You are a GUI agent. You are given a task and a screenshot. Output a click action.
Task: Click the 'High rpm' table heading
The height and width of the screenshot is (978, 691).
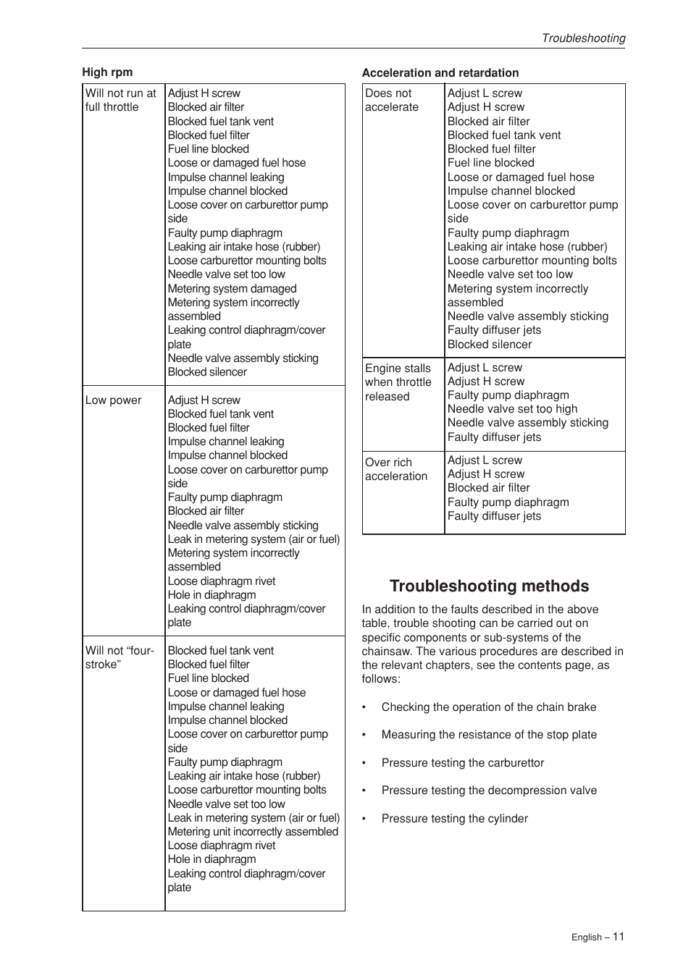[x=107, y=72]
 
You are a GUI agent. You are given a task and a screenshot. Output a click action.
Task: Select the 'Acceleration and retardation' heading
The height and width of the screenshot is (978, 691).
[x=440, y=73]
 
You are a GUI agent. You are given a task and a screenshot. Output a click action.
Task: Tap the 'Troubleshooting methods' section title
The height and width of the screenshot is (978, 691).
[x=489, y=586]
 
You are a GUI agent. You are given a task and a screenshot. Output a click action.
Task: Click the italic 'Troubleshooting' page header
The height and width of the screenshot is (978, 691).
[x=583, y=38]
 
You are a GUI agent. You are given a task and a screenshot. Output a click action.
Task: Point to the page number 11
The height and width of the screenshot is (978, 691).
[x=618, y=936]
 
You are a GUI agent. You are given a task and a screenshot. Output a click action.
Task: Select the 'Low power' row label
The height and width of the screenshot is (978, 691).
[x=114, y=400]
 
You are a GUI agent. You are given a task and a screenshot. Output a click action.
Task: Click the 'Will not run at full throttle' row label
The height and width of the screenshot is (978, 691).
[x=120, y=100]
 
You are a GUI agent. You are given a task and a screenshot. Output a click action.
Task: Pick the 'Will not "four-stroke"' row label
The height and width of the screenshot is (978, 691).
[x=120, y=657]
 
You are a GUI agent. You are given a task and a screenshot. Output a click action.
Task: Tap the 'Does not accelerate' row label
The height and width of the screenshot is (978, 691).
[x=392, y=100]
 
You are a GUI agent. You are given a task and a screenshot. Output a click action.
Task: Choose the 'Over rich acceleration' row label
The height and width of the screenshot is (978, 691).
[x=396, y=469]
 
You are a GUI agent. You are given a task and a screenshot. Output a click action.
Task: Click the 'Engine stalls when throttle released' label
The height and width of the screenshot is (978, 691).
[x=398, y=382]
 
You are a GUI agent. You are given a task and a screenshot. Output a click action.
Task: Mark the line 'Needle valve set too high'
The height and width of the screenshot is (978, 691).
[x=512, y=409]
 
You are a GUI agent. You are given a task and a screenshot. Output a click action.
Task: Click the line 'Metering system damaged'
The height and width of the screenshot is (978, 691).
[x=232, y=289]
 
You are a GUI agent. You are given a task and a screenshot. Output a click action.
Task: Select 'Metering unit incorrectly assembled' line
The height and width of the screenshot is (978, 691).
[x=253, y=832]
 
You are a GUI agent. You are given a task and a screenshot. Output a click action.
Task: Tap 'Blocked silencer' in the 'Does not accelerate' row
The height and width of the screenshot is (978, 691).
[x=489, y=345]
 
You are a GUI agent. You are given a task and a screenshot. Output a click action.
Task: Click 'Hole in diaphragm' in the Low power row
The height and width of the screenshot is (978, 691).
[x=212, y=595]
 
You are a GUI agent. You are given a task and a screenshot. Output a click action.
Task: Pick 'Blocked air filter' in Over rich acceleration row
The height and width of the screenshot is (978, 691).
[x=488, y=488]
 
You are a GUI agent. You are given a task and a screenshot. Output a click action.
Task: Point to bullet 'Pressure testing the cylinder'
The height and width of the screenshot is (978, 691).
[x=454, y=819]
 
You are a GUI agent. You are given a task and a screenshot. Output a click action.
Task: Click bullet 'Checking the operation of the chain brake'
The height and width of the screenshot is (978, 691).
[x=488, y=707]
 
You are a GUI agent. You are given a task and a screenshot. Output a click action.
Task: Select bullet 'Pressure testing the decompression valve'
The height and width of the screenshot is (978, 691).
[x=489, y=791]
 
